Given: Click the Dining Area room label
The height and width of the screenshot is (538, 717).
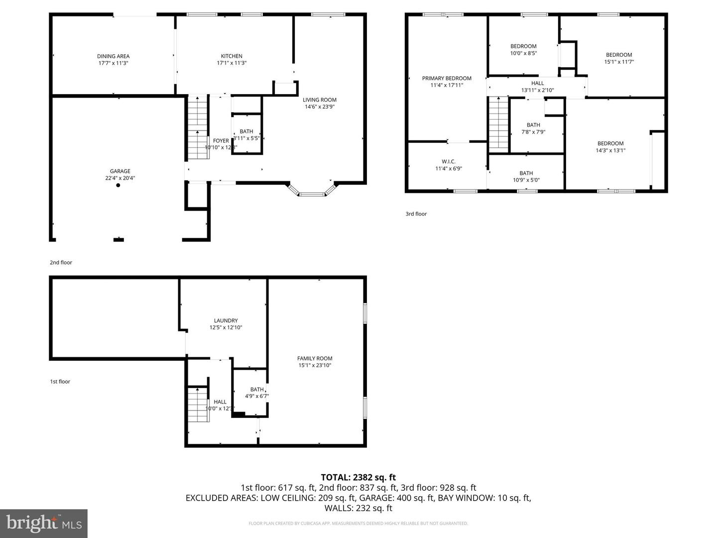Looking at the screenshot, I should tap(113, 56).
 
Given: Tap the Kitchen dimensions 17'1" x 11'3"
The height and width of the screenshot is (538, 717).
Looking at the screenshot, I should tap(232, 63).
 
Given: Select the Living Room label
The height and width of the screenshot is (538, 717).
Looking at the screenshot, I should tap(319, 100).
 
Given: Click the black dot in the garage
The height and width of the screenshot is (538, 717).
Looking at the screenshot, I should tap(118, 185).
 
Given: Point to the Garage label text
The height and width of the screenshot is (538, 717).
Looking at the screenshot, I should tap(120, 171).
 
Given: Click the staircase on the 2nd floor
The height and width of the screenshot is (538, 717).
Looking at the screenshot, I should tap(198, 127).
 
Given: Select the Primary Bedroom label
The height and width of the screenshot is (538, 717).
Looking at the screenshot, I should tap(446, 78).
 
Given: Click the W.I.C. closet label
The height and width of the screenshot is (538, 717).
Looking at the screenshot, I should tap(448, 161).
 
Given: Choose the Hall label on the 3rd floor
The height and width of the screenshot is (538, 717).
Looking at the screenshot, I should tap(537, 83).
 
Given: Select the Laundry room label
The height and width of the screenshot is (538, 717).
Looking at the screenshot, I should tap(226, 321).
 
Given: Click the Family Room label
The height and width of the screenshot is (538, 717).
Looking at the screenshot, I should tap(315, 358).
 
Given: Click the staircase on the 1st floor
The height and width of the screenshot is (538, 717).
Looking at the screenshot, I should tap(198, 404).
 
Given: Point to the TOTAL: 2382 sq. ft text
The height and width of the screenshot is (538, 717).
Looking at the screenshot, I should tap(358, 477).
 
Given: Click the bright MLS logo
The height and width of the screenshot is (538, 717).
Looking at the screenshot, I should tap(44, 523).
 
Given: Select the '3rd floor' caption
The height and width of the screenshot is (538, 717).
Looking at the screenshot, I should tap(416, 214).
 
